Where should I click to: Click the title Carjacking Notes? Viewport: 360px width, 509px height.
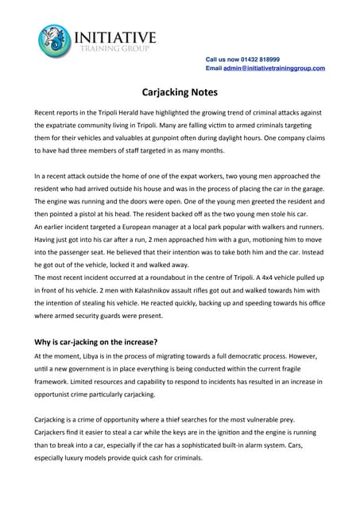point(180,92)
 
